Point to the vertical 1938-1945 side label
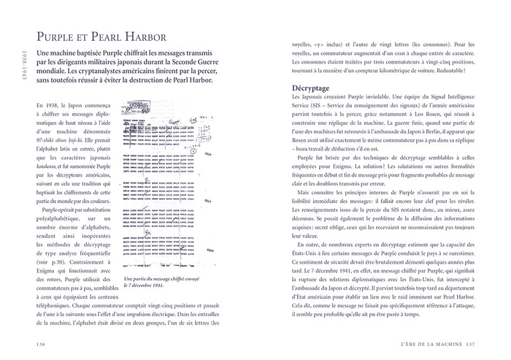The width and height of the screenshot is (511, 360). [x=23, y=69]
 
